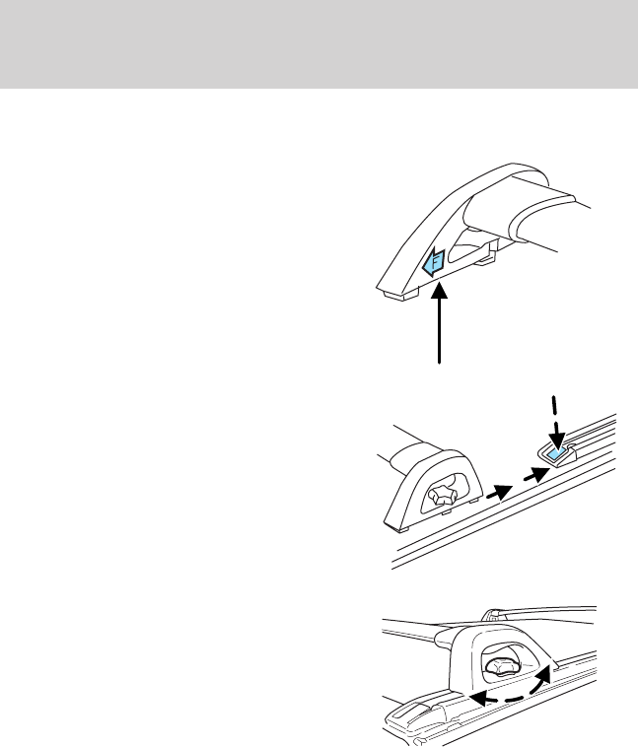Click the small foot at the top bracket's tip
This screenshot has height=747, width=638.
point(391,292)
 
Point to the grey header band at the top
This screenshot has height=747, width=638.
point(319,44)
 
